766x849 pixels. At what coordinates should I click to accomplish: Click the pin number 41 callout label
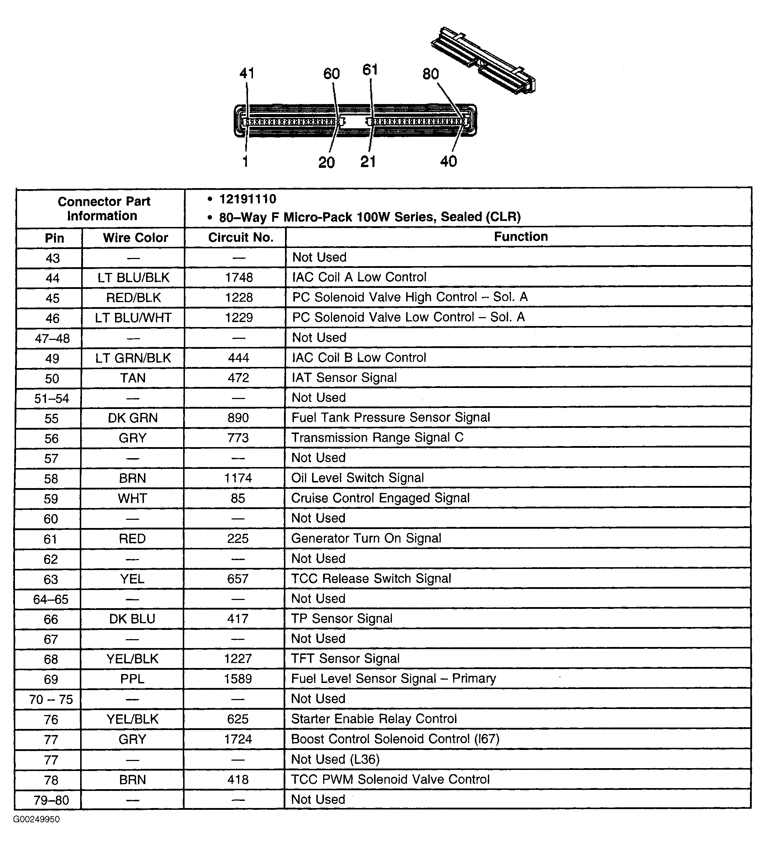tap(247, 74)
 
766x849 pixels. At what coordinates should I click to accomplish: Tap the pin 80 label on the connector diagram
tap(430, 74)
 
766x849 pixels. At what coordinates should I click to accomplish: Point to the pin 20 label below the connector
tap(327, 162)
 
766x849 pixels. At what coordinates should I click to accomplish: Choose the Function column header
tap(521, 237)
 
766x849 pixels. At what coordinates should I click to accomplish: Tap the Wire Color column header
tap(135, 238)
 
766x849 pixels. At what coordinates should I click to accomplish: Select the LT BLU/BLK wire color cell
tap(133, 278)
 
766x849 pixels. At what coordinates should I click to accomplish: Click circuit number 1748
tap(239, 278)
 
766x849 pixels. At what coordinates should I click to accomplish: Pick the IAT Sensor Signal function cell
tap(344, 378)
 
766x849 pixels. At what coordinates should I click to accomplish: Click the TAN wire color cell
tap(133, 378)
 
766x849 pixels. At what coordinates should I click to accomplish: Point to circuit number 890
tap(238, 418)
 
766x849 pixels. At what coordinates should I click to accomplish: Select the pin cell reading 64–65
tap(51, 599)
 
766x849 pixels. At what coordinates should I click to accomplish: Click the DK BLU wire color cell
tap(132, 619)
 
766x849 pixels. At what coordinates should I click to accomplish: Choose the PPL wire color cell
tap(132, 679)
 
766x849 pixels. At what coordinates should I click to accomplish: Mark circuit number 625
tap(238, 719)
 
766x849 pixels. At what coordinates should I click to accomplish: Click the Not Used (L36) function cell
tap(336, 759)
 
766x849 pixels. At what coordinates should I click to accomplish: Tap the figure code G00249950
tap(36, 819)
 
